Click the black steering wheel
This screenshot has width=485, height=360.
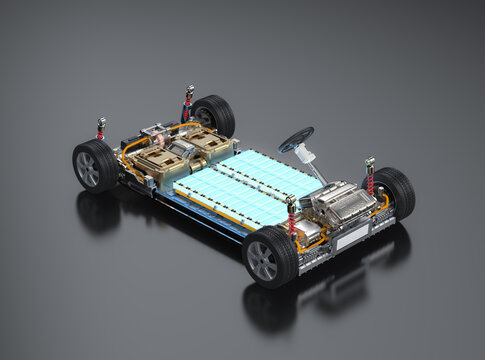pos(296,139)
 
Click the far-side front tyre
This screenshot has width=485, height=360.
pos(391,191)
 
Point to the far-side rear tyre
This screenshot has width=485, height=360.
pos(212,115)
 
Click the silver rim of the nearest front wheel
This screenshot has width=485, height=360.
pos(262,260)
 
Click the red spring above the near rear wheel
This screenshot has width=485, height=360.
pos(101,129)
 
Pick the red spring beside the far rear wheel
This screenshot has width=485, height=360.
pos(187,101)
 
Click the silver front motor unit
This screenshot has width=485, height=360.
pos(339,204)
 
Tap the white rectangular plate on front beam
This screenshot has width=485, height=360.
pos(350,239)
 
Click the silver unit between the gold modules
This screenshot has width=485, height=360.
pos(180,151)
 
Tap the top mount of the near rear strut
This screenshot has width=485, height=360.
pos(101,121)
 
